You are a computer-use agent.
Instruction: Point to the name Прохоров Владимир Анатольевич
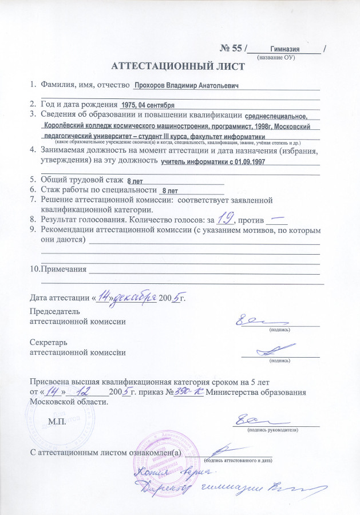pyautogui.click(x=185, y=85)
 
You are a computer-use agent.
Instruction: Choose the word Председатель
pyautogui.click(x=55, y=312)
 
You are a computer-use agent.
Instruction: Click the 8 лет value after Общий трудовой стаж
pyautogui.click(x=135, y=181)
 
